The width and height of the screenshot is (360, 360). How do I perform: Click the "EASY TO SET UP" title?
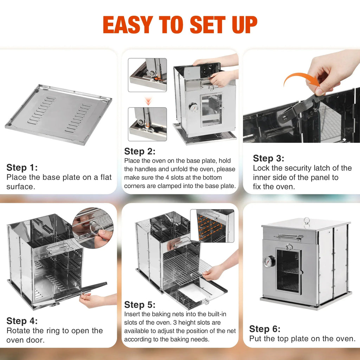180,25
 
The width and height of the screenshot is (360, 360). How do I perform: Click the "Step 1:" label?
22,167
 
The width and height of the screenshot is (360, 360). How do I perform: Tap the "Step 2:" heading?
140,152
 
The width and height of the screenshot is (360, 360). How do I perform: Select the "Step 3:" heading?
269,158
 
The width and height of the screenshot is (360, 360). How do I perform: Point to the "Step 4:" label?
22,321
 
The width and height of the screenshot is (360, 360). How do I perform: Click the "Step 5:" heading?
140,304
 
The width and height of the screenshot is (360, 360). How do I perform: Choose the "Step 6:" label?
265,329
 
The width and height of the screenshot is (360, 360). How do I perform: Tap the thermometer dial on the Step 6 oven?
269,262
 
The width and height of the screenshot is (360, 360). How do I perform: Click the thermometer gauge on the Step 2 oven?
193,107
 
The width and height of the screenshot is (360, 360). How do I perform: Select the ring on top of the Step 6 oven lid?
307,221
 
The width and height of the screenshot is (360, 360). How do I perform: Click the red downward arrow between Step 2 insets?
148,101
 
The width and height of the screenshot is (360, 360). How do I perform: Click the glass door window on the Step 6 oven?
288,270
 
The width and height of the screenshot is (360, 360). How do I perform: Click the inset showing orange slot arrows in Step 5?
212,226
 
